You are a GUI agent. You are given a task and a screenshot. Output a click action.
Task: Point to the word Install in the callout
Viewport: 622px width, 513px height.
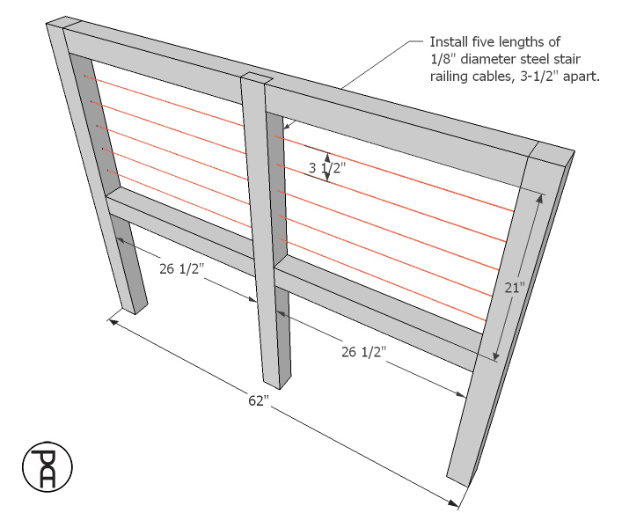[x=448, y=42]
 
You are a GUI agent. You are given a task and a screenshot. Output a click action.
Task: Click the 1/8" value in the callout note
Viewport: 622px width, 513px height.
[x=441, y=60]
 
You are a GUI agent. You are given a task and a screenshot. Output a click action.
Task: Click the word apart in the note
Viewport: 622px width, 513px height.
[x=584, y=77]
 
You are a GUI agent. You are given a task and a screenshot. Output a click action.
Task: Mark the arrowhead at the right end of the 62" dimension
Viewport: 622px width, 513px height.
[x=455, y=504]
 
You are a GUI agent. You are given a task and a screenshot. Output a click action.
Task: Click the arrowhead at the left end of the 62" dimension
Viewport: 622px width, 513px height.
[x=112, y=321]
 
